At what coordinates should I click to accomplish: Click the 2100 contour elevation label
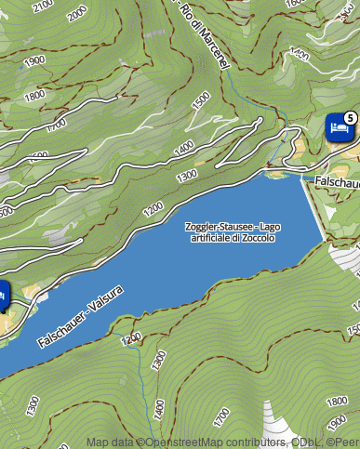[44, 7]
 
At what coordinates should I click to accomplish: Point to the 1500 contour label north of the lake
[200, 100]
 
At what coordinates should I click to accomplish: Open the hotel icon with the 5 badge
[338, 127]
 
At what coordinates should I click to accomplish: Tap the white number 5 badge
[350, 117]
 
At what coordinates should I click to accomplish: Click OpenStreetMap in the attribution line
[173, 442]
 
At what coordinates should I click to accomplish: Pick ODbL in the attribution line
[305, 442]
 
